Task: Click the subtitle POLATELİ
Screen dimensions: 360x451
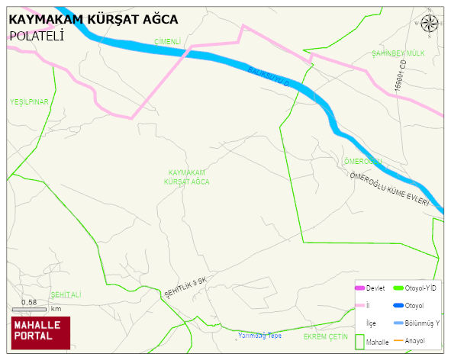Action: point(36,35)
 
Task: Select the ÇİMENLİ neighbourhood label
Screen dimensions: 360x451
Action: point(166,41)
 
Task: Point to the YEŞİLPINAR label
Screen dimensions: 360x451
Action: point(29,101)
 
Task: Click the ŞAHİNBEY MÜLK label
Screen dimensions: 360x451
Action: point(398,53)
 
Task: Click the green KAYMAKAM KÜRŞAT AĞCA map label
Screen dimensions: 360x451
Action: point(187,178)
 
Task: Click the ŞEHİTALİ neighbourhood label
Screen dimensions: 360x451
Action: point(65,294)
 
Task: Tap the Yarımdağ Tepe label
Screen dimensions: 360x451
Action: point(259,336)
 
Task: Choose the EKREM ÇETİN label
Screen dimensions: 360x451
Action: point(326,336)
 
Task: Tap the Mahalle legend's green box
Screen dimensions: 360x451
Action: point(359,342)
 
